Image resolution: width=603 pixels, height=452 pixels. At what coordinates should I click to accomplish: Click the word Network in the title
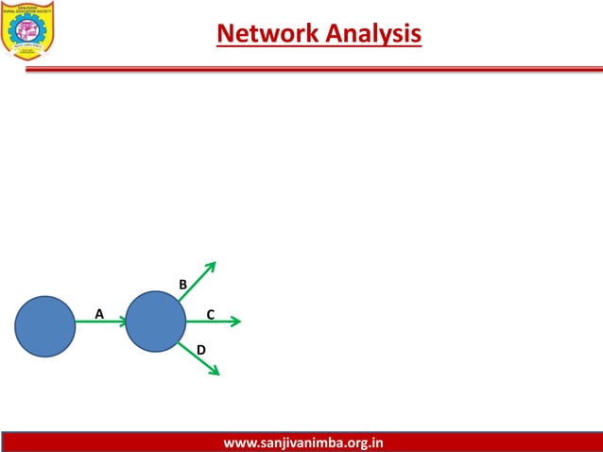[x=268, y=34]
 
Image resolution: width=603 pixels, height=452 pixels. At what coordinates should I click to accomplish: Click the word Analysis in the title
[x=373, y=34]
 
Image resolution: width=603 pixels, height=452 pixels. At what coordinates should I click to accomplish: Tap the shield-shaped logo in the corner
[x=27, y=29]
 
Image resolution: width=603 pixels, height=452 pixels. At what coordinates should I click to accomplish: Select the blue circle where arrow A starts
[x=44, y=326]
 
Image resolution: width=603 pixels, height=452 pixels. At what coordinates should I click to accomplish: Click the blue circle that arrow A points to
[x=155, y=322]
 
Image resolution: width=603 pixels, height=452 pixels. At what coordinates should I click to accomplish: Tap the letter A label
[x=98, y=313]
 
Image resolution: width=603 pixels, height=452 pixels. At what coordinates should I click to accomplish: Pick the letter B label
[x=183, y=285]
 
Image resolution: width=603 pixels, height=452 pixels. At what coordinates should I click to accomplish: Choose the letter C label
[x=211, y=314]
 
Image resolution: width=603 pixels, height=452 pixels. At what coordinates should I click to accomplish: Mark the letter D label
[x=200, y=351]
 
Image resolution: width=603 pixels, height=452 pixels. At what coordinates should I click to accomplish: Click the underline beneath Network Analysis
[x=319, y=45]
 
